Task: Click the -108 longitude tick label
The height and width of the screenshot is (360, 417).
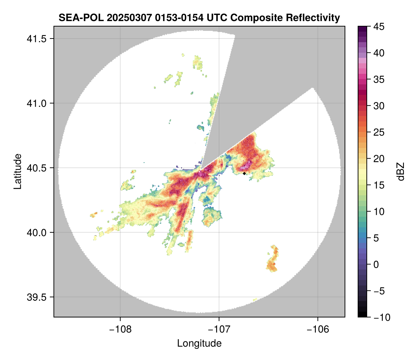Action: pyautogui.click(x=120, y=329)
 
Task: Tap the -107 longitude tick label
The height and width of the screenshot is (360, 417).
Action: pyautogui.click(x=219, y=329)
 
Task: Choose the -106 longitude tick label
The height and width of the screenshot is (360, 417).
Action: pyautogui.click(x=318, y=329)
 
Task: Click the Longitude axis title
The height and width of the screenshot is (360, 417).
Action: pyautogui.click(x=199, y=343)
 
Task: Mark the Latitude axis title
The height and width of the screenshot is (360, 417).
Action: pyautogui.click(x=17, y=171)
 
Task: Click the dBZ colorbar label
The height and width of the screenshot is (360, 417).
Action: pyautogui.click(x=401, y=172)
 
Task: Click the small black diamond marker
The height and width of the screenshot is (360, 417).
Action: pyautogui.click(x=244, y=173)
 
